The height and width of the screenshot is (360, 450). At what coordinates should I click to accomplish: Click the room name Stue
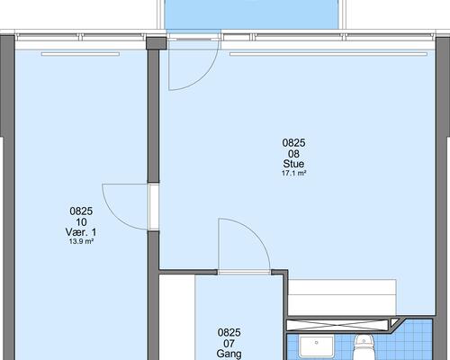[x=293, y=164]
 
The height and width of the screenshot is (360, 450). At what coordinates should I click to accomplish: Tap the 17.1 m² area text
[x=293, y=173]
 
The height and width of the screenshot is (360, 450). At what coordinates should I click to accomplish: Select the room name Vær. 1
[x=81, y=232]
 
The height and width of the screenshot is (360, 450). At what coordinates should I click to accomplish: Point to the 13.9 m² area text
[x=81, y=241]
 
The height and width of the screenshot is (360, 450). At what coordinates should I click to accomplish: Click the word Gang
[x=229, y=354]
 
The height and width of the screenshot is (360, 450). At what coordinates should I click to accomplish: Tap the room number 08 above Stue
[x=293, y=154]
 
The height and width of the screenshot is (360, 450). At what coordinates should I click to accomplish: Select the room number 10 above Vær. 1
[x=81, y=222]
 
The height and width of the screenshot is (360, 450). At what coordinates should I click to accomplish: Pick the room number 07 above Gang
[x=229, y=343]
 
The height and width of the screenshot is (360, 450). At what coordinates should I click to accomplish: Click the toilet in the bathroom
[x=364, y=347]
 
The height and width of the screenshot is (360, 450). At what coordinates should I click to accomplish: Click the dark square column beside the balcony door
[x=156, y=43]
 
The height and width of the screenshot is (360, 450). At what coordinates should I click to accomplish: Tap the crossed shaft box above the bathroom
[x=337, y=325]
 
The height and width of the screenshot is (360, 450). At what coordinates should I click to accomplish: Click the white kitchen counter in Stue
[x=342, y=297]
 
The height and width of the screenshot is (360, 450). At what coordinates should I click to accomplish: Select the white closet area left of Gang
[x=177, y=317]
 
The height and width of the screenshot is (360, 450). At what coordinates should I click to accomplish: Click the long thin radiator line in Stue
[x=328, y=54]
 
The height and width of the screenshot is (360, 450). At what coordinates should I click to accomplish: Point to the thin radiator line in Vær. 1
[x=80, y=54]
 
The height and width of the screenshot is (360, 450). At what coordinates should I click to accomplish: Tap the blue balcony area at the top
[x=252, y=14]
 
